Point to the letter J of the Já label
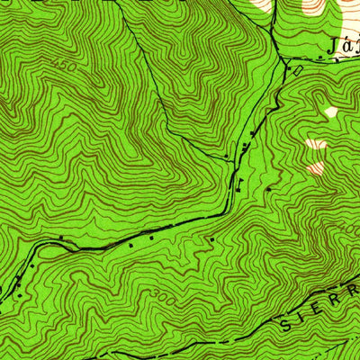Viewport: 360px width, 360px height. pyautogui.click(x=335, y=45)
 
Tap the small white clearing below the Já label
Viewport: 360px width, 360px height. pyautogui.click(x=331, y=112)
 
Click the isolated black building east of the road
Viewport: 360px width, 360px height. pyautogui.click(x=268, y=188)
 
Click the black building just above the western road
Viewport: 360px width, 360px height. pyautogui.click(x=61, y=238)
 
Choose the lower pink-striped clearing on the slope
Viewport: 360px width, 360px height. pyautogui.click(x=316, y=166)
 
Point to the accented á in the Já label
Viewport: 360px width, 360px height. pyautogui.click(x=346, y=45)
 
